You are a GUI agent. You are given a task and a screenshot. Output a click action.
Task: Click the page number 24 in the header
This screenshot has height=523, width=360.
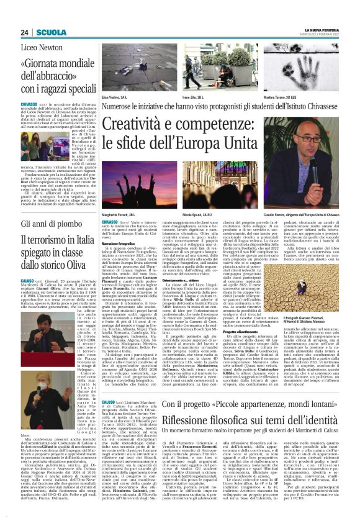point(25,32)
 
